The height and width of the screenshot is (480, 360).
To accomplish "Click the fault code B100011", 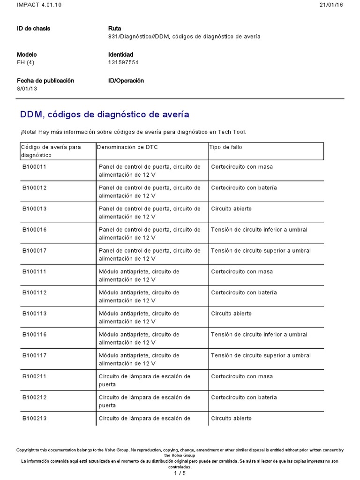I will click(x=34, y=167).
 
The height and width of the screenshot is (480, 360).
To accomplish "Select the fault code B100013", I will click(x=34, y=209).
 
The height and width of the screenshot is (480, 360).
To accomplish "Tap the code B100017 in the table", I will click(x=34, y=251).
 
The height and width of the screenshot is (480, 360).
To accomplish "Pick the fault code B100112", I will click(x=34, y=292).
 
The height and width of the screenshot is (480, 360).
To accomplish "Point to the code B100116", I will click(x=34, y=335).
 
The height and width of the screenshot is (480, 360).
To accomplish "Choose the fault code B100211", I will click(x=34, y=376).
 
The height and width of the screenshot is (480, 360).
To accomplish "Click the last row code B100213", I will click(x=34, y=419).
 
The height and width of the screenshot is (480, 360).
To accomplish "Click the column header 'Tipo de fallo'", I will click(x=225, y=147).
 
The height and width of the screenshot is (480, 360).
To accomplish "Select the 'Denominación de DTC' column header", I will click(x=127, y=147).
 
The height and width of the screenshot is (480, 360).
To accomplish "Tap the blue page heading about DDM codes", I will click(x=105, y=114).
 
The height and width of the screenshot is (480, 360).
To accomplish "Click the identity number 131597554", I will click(x=123, y=62).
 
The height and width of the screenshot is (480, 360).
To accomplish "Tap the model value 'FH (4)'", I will click(x=26, y=62).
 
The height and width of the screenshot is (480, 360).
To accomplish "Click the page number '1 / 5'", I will click(x=180, y=473).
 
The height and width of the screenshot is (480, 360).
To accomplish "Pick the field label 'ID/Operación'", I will click(x=126, y=81).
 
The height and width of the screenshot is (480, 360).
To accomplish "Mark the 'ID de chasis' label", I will click(x=33, y=29).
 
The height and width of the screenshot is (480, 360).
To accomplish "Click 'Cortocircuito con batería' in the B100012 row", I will click(x=244, y=188).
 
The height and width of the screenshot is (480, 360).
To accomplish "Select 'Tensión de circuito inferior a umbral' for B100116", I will click(x=259, y=335).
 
